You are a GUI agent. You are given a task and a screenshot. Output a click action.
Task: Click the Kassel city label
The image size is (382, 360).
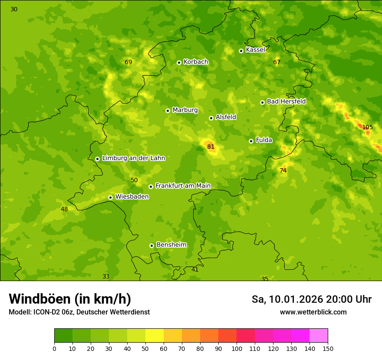pyautogui.click(x=255, y=50)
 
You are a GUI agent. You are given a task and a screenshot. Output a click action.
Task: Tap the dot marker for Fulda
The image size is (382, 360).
pyautogui.click(x=251, y=141)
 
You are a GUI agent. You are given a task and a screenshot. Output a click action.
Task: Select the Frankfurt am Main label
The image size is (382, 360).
pyautogui.click(x=183, y=186)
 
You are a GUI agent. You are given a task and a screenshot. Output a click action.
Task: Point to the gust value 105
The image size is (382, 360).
pyautogui.click(x=367, y=127)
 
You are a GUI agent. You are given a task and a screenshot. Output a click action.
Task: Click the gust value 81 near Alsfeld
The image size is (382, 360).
pyautogui.click(x=211, y=147)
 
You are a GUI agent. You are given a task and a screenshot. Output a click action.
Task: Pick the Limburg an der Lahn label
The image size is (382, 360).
pyautogui.click(x=133, y=158)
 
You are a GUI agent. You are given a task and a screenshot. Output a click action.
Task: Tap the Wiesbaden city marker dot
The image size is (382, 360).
pyautogui.click(x=111, y=197)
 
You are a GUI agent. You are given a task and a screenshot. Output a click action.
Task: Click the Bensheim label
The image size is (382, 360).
pyautogui.click(x=171, y=245)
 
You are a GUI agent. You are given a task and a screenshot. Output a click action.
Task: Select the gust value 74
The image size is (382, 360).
pyautogui.click(x=283, y=171)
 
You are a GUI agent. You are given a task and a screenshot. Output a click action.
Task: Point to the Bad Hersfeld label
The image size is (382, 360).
pyautogui.click(x=286, y=101)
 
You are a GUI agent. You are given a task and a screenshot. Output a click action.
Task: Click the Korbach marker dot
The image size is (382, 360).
pyautogui.click(x=179, y=62)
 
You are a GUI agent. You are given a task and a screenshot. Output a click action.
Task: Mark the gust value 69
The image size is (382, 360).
pyautogui.click(x=128, y=62)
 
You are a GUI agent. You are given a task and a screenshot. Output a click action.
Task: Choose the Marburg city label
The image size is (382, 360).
pyautogui.click(x=185, y=110)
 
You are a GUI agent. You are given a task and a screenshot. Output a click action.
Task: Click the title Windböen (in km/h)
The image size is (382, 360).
pyautogui.click(x=70, y=299)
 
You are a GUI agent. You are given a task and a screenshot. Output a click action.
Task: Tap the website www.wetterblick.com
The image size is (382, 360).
pyautogui.click(x=313, y=312)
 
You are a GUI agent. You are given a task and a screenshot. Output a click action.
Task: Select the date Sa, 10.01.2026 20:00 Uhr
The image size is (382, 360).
pyautogui.click(x=311, y=299)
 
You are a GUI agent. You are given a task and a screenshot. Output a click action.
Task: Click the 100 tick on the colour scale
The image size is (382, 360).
pyautogui.click(x=237, y=348)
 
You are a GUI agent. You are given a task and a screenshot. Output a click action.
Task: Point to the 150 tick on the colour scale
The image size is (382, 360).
pyautogui.click(x=328, y=348)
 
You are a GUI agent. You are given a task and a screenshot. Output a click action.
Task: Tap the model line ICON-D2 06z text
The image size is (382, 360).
pyautogui.click(x=79, y=312)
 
